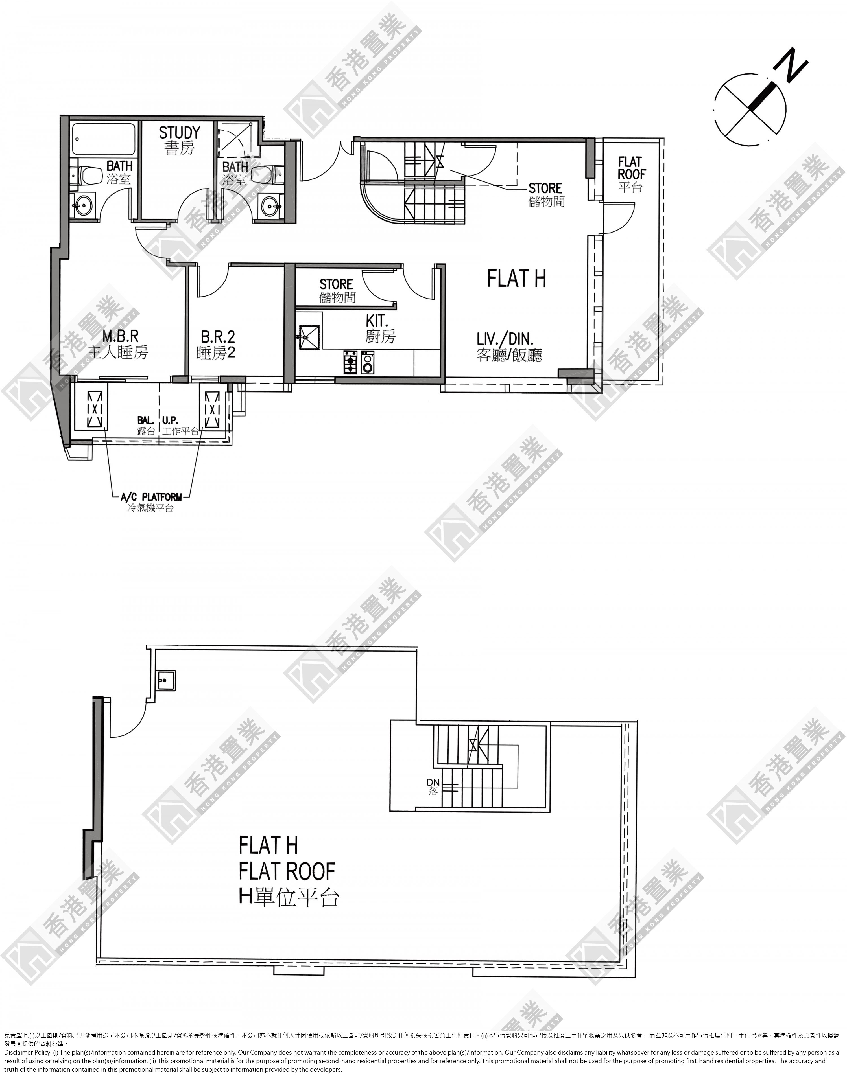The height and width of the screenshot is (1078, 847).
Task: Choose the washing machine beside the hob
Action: click(368, 362)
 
